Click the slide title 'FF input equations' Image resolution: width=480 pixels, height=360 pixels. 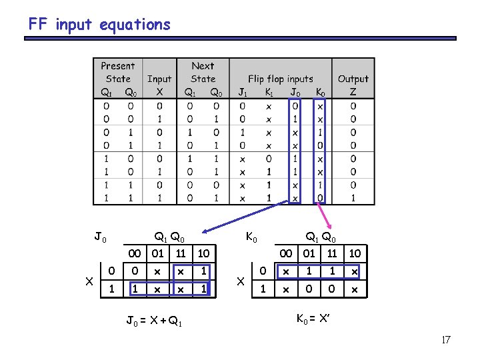[99, 25]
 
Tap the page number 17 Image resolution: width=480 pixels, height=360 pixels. [446, 340]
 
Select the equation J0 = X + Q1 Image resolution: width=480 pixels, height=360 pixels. [153, 322]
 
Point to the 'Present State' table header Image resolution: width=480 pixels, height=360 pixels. [118, 72]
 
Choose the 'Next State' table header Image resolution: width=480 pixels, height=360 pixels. [203, 72]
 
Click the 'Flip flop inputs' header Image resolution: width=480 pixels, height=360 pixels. [280, 79]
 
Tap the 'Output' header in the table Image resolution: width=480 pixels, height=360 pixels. [353, 79]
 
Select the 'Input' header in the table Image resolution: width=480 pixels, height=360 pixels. [159, 79]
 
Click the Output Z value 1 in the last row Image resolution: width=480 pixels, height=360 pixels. [353, 198]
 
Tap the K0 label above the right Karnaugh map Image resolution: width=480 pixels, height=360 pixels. [253, 236]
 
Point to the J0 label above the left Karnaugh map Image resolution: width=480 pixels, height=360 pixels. [99, 236]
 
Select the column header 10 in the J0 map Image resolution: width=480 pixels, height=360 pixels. [204, 253]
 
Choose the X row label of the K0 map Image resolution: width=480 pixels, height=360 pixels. [241, 281]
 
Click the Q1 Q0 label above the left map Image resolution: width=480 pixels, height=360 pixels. [169, 236]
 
